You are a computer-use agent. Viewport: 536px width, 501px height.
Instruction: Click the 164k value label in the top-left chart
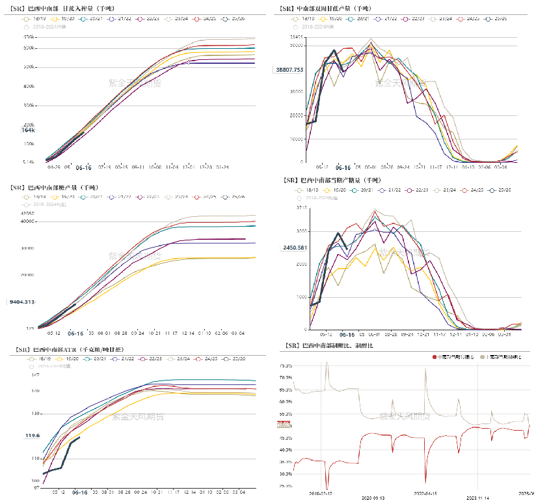[x=28, y=130]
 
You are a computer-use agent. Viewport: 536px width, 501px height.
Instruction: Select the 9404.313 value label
[x=23, y=302]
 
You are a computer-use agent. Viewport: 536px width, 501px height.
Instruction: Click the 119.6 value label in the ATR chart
[x=33, y=435]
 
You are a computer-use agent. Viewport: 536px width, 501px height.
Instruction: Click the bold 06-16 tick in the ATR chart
[x=81, y=493]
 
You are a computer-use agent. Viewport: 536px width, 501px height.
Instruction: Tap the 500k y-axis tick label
[x=29, y=67]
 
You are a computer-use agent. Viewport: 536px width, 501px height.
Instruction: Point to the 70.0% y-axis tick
[x=285, y=377]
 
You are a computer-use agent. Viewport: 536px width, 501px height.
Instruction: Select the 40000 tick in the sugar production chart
[x=28, y=222]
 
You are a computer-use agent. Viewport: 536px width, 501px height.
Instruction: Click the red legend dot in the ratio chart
[x=434, y=357]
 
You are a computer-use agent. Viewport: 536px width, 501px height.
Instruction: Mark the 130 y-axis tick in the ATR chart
[x=36, y=414]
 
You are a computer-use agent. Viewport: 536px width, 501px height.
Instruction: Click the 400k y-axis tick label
[x=29, y=86]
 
